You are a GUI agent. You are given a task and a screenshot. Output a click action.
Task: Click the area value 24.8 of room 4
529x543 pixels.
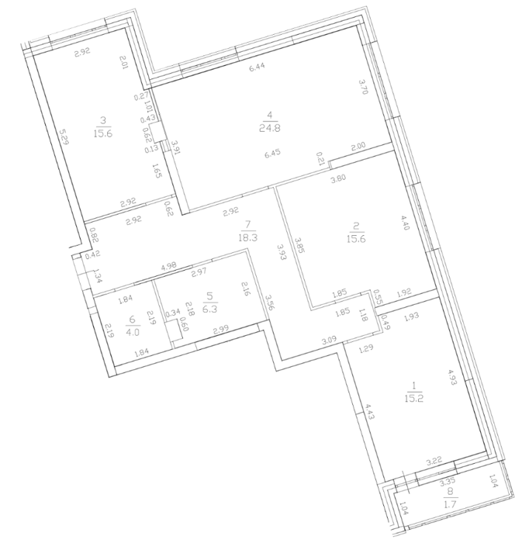pyautogui.click(x=270, y=128)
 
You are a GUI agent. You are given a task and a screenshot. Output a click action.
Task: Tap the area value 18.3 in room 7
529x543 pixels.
pyautogui.click(x=247, y=237)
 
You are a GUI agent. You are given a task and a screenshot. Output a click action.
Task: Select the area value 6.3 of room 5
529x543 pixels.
pyautogui.click(x=209, y=309)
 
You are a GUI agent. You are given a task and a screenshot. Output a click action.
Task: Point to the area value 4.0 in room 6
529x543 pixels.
pyautogui.click(x=133, y=333)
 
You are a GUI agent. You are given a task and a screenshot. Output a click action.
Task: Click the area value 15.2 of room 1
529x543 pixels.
pyautogui.click(x=413, y=398)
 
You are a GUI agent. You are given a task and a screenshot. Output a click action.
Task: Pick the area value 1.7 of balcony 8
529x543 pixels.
pyautogui.click(x=450, y=502)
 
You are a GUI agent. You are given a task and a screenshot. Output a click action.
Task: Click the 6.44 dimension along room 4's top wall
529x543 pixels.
pyautogui.click(x=257, y=67)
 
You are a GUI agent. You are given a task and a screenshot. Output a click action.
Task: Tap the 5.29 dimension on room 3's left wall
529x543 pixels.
pyautogui.click(x=64, y=137)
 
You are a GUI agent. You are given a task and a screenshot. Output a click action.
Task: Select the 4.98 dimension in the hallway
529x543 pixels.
pyautogui.click(x=168, y=266)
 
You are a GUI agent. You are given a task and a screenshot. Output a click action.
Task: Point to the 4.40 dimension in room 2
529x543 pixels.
pyautogui.click(x=406, y=223)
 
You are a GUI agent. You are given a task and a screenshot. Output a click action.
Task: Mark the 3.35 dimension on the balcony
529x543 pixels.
pyautogui.click(x=447, y=482)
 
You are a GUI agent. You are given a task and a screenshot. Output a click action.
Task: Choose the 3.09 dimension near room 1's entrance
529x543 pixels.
pyautogui.click(x=329, y=341)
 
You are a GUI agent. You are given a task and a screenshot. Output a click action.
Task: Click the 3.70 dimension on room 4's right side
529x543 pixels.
pyautogui.click(x=362, y=87)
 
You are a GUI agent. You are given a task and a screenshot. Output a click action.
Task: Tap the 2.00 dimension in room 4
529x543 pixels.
pyautogui.click(x=358, y=146)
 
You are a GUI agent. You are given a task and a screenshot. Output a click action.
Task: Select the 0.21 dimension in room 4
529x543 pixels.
pyautogui.click(x=320, y=159)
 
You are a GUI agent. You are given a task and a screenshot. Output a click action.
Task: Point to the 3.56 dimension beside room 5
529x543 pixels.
pyautogui.click(x=268, y=303)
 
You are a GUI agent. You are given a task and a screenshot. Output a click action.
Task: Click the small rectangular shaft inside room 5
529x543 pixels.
pyautogui.click(x=175, y=330)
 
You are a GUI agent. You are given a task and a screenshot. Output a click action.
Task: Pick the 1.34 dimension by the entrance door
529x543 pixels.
pyautogui.click(x=97, y=276)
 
